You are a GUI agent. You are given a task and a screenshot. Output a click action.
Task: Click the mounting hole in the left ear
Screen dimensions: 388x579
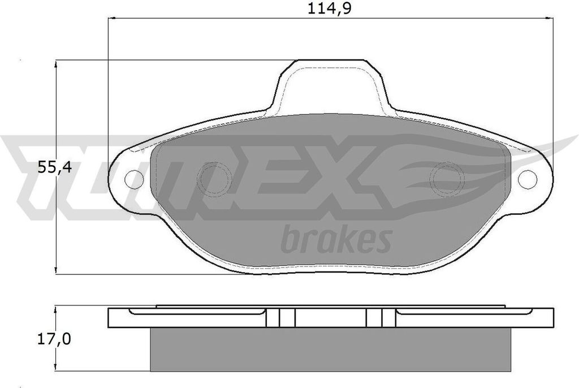pos(134,179)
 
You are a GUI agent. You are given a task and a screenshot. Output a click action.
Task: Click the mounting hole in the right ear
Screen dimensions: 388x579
pos(527,179)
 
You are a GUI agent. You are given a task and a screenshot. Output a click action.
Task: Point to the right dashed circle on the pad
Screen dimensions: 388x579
pos(447,179)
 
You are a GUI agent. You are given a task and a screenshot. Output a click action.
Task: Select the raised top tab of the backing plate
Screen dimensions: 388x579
pos(331,85)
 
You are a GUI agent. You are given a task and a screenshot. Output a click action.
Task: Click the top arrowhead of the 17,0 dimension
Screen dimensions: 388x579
pos(55,311)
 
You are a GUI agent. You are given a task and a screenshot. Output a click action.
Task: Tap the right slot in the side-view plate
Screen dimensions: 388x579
pos(375,318)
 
